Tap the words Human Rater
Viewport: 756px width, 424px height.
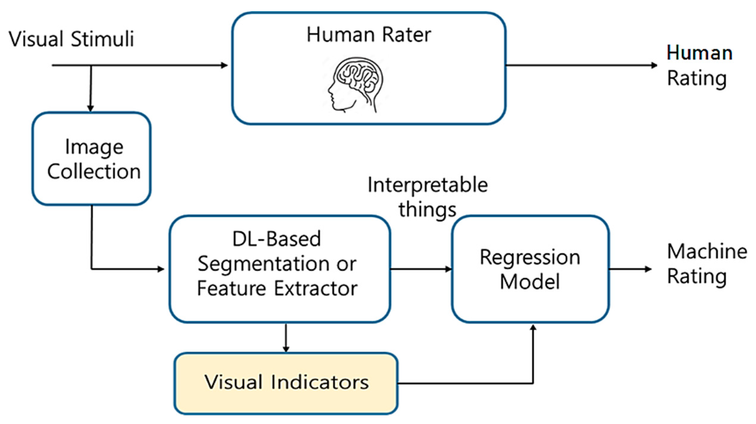pos(369,35)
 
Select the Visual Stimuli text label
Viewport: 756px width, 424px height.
pos(72,39)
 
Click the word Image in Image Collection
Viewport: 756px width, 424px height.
pos(94,147)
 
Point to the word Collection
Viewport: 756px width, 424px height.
pos(94,172)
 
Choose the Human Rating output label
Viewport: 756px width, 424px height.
pos(699,66)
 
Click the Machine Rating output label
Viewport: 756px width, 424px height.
pos(706,264)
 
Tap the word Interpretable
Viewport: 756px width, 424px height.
pos(428,185)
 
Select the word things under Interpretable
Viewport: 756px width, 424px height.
pos(427,209)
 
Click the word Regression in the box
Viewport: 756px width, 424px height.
pos(530,257)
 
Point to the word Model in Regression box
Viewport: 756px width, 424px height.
pos(530,282)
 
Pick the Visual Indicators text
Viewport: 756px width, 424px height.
pos(286,382)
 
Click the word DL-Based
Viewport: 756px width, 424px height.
pos(277,239)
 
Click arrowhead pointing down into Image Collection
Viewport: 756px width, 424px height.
pos(91,108)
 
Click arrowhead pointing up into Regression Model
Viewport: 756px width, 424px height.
pos(533,328)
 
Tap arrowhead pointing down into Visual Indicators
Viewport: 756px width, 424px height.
pos(286,349)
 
